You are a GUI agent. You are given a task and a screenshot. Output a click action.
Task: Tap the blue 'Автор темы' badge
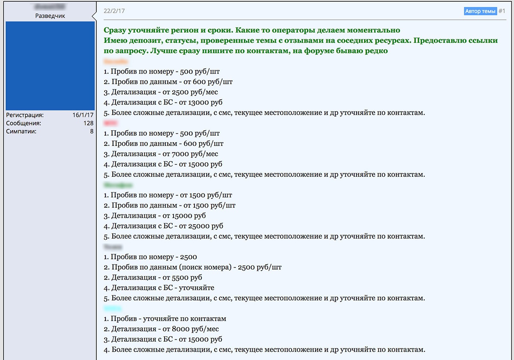point(480,11)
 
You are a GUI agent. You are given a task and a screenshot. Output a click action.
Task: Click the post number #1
point(502,11)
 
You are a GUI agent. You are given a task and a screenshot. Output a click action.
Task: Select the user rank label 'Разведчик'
point(50,16)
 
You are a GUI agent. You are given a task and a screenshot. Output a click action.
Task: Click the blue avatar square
point(50,66)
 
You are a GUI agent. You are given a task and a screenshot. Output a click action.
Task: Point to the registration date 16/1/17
point(83,115)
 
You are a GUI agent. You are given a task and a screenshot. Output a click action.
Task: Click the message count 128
point(88,123)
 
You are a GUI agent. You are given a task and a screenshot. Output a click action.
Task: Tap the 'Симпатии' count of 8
point(91,131)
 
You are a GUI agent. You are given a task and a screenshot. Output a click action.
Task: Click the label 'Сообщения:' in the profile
point(24,123)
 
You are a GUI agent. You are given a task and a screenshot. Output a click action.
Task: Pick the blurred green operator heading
point(118,185)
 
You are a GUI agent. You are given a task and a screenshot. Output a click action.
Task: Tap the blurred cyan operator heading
point(113,309)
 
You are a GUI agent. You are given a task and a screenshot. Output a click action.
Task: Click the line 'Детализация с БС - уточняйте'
point(158,288)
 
